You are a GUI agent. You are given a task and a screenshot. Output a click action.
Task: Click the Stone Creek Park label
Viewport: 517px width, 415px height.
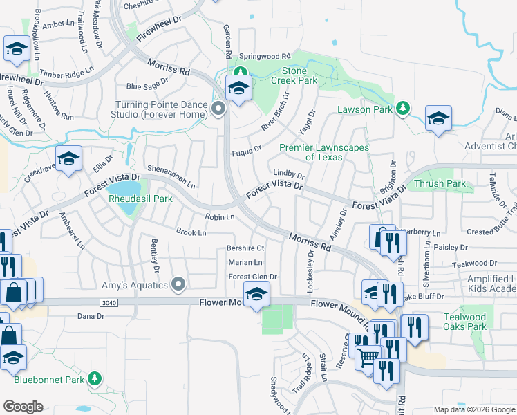[299, 76]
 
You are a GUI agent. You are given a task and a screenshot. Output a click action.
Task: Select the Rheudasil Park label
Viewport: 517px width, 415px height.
[140, 199]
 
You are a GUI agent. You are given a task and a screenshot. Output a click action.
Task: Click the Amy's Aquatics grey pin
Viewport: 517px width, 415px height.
[179, 284]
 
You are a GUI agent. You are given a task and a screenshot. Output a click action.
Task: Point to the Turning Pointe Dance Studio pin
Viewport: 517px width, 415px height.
[219, 109]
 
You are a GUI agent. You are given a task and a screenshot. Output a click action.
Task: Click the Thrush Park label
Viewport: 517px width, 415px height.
[440, 184]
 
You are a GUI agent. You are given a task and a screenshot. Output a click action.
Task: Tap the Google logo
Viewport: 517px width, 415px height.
[23, 407]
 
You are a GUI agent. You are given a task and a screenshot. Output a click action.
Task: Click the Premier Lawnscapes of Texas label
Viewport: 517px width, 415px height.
[323, 152]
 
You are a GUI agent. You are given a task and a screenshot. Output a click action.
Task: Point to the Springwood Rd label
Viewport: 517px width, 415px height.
[265, 56]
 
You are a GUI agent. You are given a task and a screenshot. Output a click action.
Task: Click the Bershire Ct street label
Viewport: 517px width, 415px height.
[245, 248]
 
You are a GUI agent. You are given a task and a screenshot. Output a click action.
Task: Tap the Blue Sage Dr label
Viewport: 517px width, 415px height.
[147, 86]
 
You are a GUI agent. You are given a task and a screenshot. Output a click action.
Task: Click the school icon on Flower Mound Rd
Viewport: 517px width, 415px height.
[256, 295]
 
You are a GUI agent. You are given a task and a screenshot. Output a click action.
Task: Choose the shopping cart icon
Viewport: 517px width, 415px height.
[369, 356]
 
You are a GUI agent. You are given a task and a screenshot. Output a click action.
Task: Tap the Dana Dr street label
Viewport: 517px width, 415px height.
[91, 316]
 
